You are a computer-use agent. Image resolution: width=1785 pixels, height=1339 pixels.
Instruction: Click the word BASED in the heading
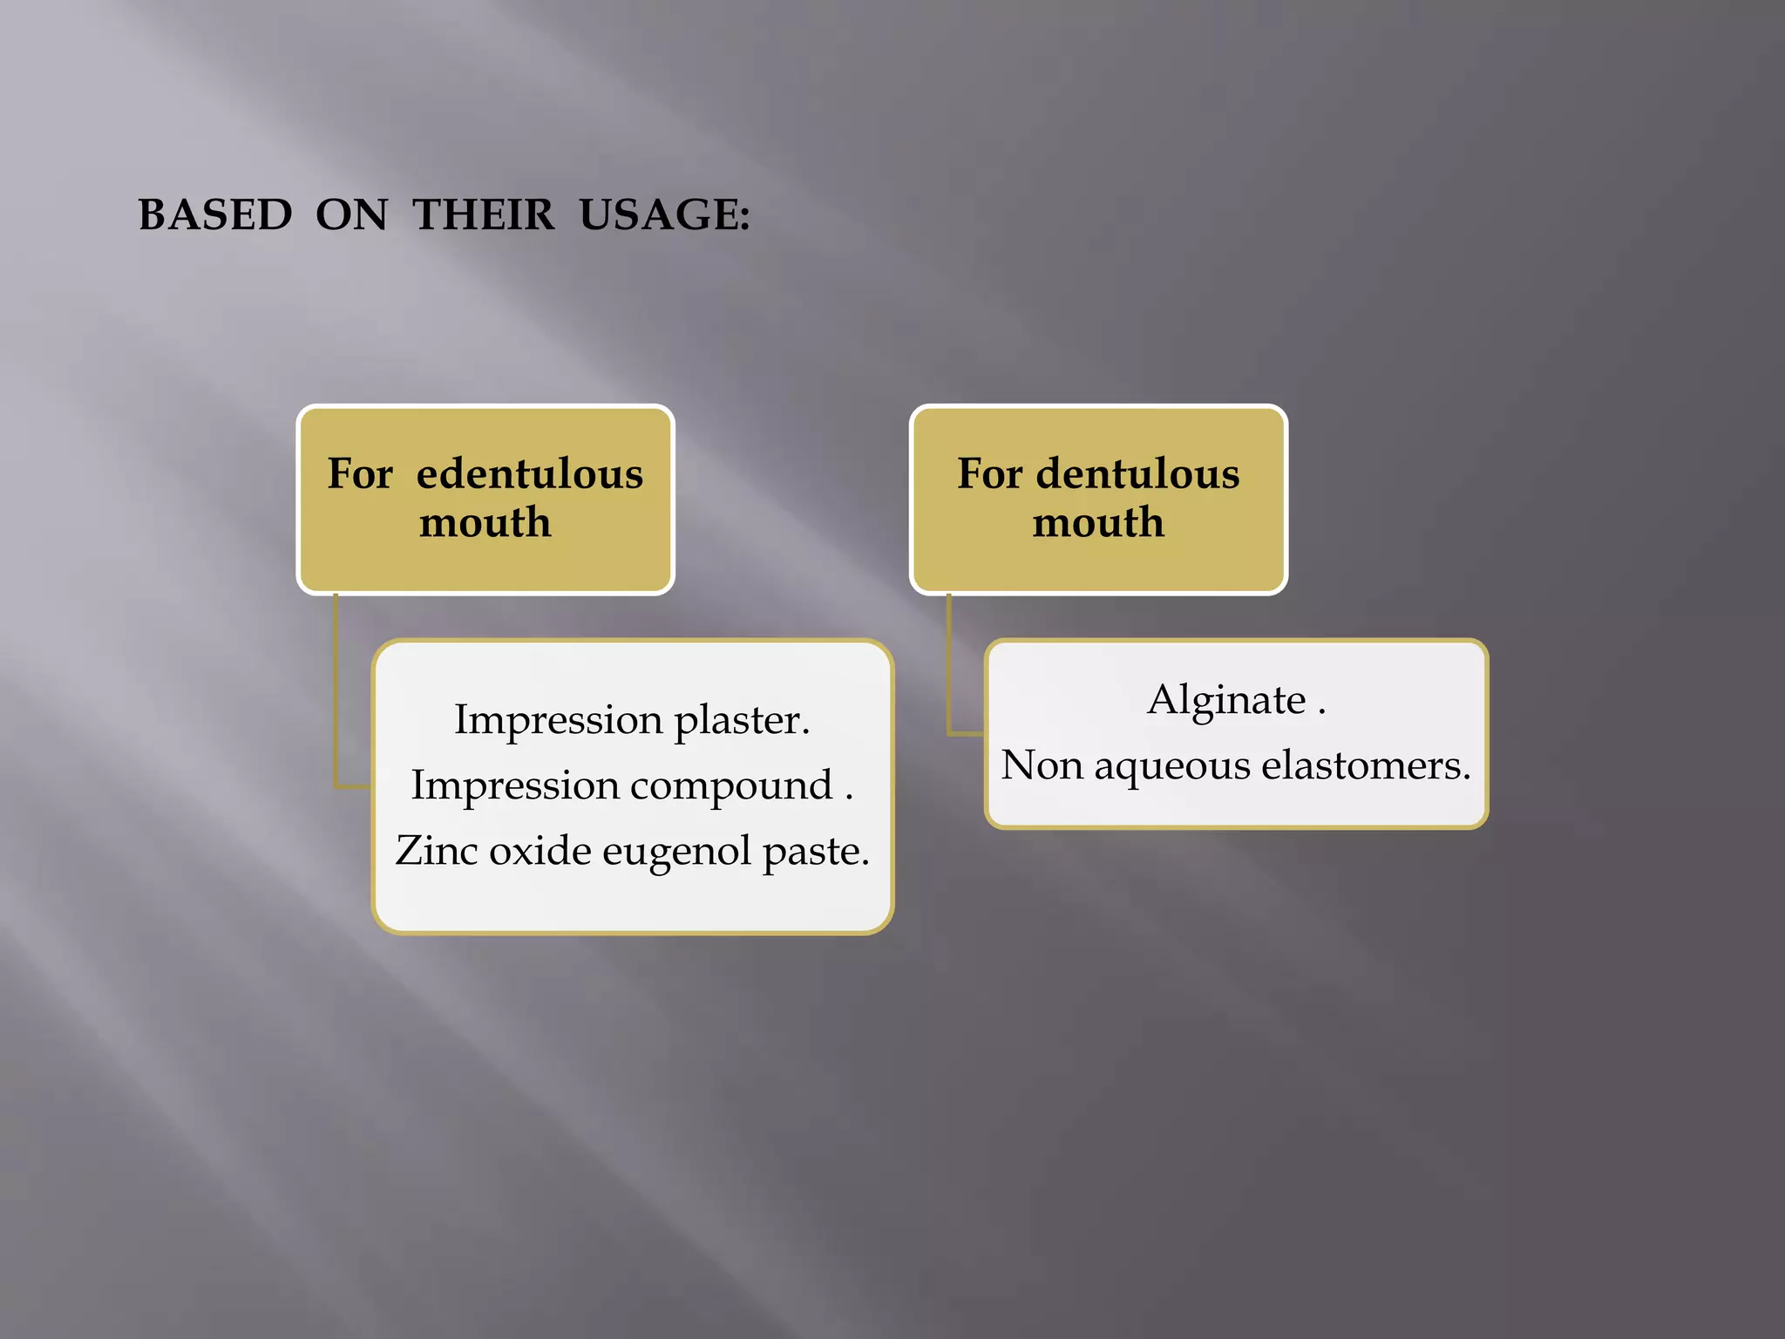(x=215, y=214)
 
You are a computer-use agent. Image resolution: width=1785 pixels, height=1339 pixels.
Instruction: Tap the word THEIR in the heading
(x=484, y=214)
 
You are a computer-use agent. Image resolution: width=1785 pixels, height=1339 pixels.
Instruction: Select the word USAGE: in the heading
(x=664, y=214)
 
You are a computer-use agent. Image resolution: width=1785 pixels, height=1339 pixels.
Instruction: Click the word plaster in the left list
(x=741, y=721)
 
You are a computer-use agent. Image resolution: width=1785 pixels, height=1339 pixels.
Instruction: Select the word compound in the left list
(x=731, y=785)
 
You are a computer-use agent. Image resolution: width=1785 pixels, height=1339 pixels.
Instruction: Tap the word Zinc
(x=433, y=850)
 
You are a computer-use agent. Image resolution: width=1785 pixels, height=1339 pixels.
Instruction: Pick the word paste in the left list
(x=815, y=852)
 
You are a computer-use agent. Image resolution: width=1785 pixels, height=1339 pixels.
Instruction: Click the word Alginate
(x=1226, y=699)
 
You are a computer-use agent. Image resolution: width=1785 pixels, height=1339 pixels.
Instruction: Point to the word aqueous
(x=1171, y=766)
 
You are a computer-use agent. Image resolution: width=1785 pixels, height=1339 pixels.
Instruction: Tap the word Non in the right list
(x=1041, y=765)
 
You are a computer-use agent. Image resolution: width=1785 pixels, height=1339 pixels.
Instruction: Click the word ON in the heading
(x=351, y=214)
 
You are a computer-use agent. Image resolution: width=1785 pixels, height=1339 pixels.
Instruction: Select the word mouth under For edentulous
(x=485, y=522)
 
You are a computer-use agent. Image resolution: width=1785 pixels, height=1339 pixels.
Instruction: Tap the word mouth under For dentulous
(x=1098, y=522)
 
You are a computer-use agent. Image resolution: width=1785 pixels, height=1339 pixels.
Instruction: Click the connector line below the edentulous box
(x=336, y=697)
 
